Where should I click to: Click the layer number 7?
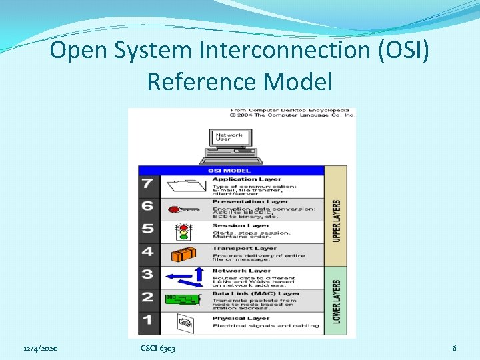click(147, 183)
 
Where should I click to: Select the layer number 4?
click(147, 252)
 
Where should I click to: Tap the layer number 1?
click(147, 321)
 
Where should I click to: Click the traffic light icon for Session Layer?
click(183, 231)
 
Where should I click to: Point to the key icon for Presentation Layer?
click(183, 209)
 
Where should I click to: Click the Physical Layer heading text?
click(241, 318)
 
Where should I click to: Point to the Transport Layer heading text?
click(244, 249)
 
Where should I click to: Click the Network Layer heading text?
click(241, 271)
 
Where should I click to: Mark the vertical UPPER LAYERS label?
click(336, 221)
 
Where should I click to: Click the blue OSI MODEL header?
click(229, 171)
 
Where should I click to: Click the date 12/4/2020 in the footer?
click(41, 349)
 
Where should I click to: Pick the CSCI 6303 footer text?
click(158, 349)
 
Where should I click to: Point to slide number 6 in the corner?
click(454, 349)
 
